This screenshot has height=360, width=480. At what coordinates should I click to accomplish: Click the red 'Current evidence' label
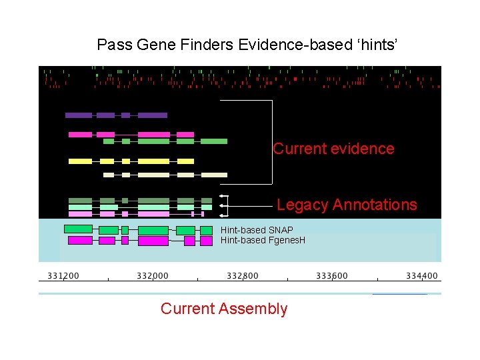tap(333, 149)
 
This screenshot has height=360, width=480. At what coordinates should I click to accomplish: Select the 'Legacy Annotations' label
tap(347, 205)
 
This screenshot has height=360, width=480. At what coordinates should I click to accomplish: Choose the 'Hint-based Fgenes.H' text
tap(263, 240)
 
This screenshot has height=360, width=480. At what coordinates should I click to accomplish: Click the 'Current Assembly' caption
tap(224, 309)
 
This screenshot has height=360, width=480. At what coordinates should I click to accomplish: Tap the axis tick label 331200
tap(63, 275)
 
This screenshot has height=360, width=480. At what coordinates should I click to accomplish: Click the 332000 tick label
tap(153, 275)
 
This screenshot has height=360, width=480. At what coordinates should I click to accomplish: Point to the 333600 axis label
tap(332, 275)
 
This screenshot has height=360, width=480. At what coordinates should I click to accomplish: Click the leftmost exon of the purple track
tap(79, 115)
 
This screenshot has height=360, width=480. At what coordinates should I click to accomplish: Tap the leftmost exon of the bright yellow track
tap(80, 161)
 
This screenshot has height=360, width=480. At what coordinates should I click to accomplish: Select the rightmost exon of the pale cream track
tap(214, 175)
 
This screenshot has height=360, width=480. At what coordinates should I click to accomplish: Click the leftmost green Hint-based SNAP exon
tap(78, 229)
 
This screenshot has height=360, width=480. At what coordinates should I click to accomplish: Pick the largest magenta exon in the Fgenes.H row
tap(153, 241)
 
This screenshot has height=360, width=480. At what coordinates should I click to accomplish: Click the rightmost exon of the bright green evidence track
tap(214, 141)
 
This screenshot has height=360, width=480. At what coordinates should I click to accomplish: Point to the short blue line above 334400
tap(400, 293)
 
